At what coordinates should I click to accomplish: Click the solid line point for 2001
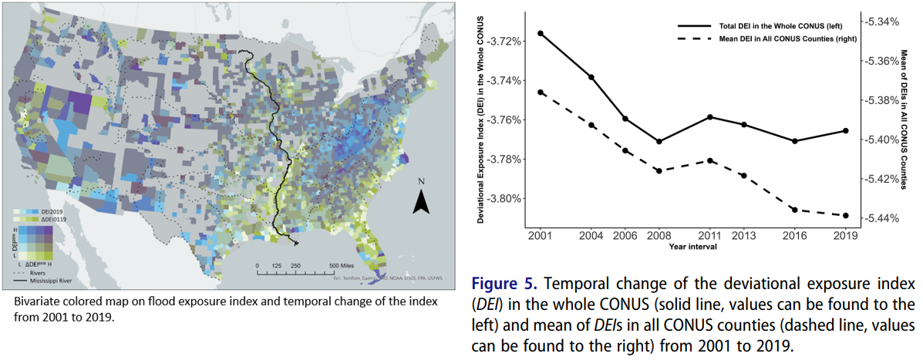(x=541, y=33)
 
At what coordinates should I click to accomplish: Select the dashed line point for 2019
(x=846, y=215)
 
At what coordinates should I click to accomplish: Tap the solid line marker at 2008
(x=659, y=141)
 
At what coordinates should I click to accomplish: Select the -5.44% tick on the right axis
(x=883, y=218)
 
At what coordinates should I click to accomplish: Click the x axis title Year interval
(x=692, y=247)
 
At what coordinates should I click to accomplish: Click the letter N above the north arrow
(x=421, y=182)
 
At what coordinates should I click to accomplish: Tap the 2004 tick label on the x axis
(x=591, y=235)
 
